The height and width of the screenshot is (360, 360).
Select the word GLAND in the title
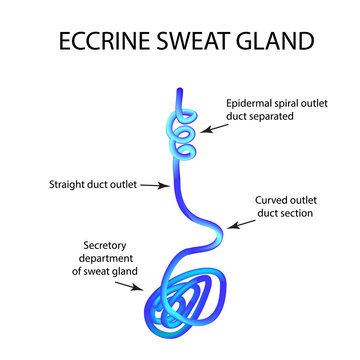coord(273,43)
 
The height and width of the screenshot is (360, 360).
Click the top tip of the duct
coord(180,92)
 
